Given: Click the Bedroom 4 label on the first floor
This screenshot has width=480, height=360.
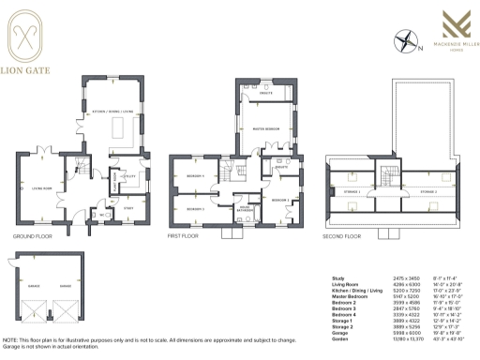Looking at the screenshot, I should pos(195,177).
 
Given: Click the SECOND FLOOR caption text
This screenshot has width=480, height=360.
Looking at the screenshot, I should pos(341,236).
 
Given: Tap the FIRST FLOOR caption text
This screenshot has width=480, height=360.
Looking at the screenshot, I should pos(187,236).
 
